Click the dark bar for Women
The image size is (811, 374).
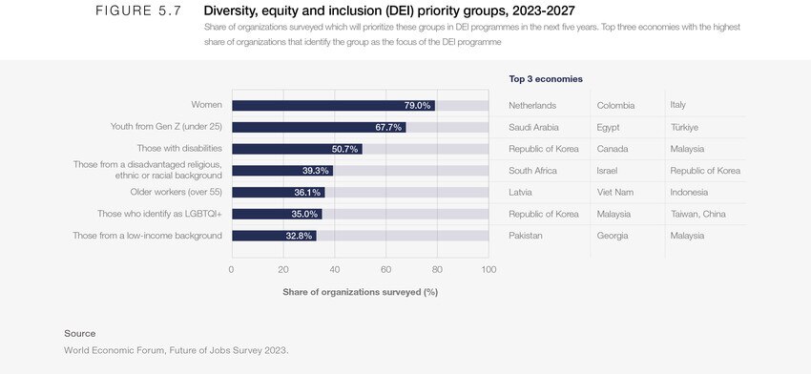tap(333, 105)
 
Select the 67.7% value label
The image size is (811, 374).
tap(388, 127)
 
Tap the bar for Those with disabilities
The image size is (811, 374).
tap(297, 149)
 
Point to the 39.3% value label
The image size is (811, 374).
tap(316, 171)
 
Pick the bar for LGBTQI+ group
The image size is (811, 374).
tap(277, 214)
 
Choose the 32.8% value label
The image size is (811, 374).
tap(299, 236)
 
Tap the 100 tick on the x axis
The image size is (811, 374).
tap(489, 269)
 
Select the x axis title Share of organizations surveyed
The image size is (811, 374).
tap(360, 291)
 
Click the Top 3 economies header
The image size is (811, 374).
tap(546, 79)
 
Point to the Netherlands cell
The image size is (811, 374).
tap(532, 105)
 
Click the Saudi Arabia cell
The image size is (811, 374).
tap(533, 127)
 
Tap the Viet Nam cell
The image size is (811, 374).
tap(617, 192)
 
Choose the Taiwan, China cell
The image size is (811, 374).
tap(698, 214)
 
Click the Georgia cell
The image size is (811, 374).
tap(613, 236)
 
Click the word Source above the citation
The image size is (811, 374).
tap(79, 333)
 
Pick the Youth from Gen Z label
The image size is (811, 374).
tap(167, 127)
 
